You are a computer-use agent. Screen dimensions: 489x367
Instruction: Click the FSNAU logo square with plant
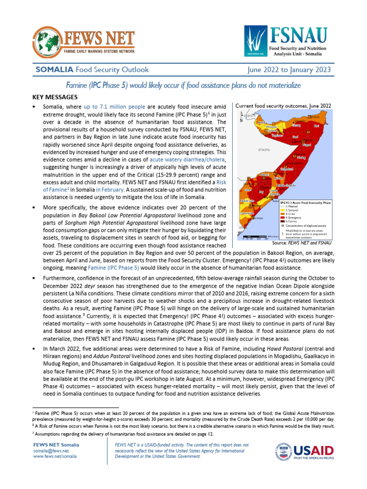(x=253, y=41)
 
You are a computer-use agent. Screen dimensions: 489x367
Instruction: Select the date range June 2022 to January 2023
(x=289, y=70)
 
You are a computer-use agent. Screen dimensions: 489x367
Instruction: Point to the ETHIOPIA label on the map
(x=264, y=150)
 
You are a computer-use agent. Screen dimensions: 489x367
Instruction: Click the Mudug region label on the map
(x=301, y=157)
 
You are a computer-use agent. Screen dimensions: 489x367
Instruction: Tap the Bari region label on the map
(x=316, y=126)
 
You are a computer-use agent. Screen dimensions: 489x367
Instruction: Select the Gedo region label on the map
(x=248, y=190)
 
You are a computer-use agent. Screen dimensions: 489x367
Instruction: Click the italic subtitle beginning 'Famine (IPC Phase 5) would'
(x=183, y=85)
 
